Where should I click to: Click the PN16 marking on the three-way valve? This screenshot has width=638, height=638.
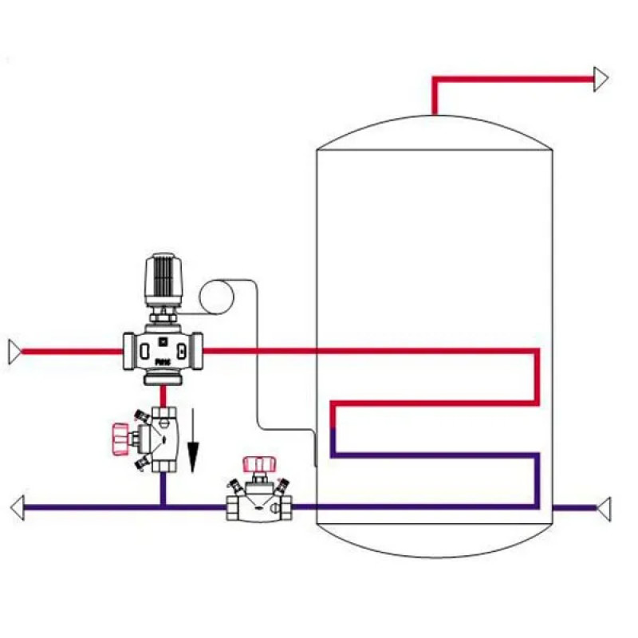click(x=162, y=361)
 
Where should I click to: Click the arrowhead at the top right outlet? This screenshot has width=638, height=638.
click(x=601, y=79)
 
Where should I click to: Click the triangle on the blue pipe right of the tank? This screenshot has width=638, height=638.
click(x=604, y=506)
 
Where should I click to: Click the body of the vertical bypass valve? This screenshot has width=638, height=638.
click(x=163, y=439)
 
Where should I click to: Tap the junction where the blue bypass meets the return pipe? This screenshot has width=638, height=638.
click(x=163, y=506)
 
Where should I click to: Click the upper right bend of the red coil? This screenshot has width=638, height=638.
click(x=537, y=352)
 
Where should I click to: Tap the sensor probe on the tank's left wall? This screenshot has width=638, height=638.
click(x=317, y=451)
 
